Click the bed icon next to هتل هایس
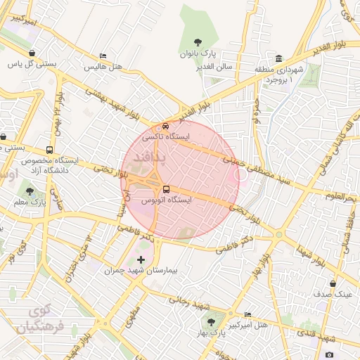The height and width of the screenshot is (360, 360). (103, 56)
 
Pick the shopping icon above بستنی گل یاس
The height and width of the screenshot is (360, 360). (32, 53)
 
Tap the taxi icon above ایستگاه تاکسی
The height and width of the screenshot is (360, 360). (166, 126)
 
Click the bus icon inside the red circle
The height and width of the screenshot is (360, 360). (166, 189)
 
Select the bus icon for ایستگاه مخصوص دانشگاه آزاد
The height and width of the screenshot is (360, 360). (49, 150)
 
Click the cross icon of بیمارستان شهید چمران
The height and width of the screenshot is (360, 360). (141, 259)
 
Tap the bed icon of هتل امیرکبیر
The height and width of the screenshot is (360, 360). (247, 314)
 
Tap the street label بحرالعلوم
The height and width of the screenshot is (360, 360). (342, 195)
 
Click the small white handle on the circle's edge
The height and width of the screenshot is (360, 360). (241, 174)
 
